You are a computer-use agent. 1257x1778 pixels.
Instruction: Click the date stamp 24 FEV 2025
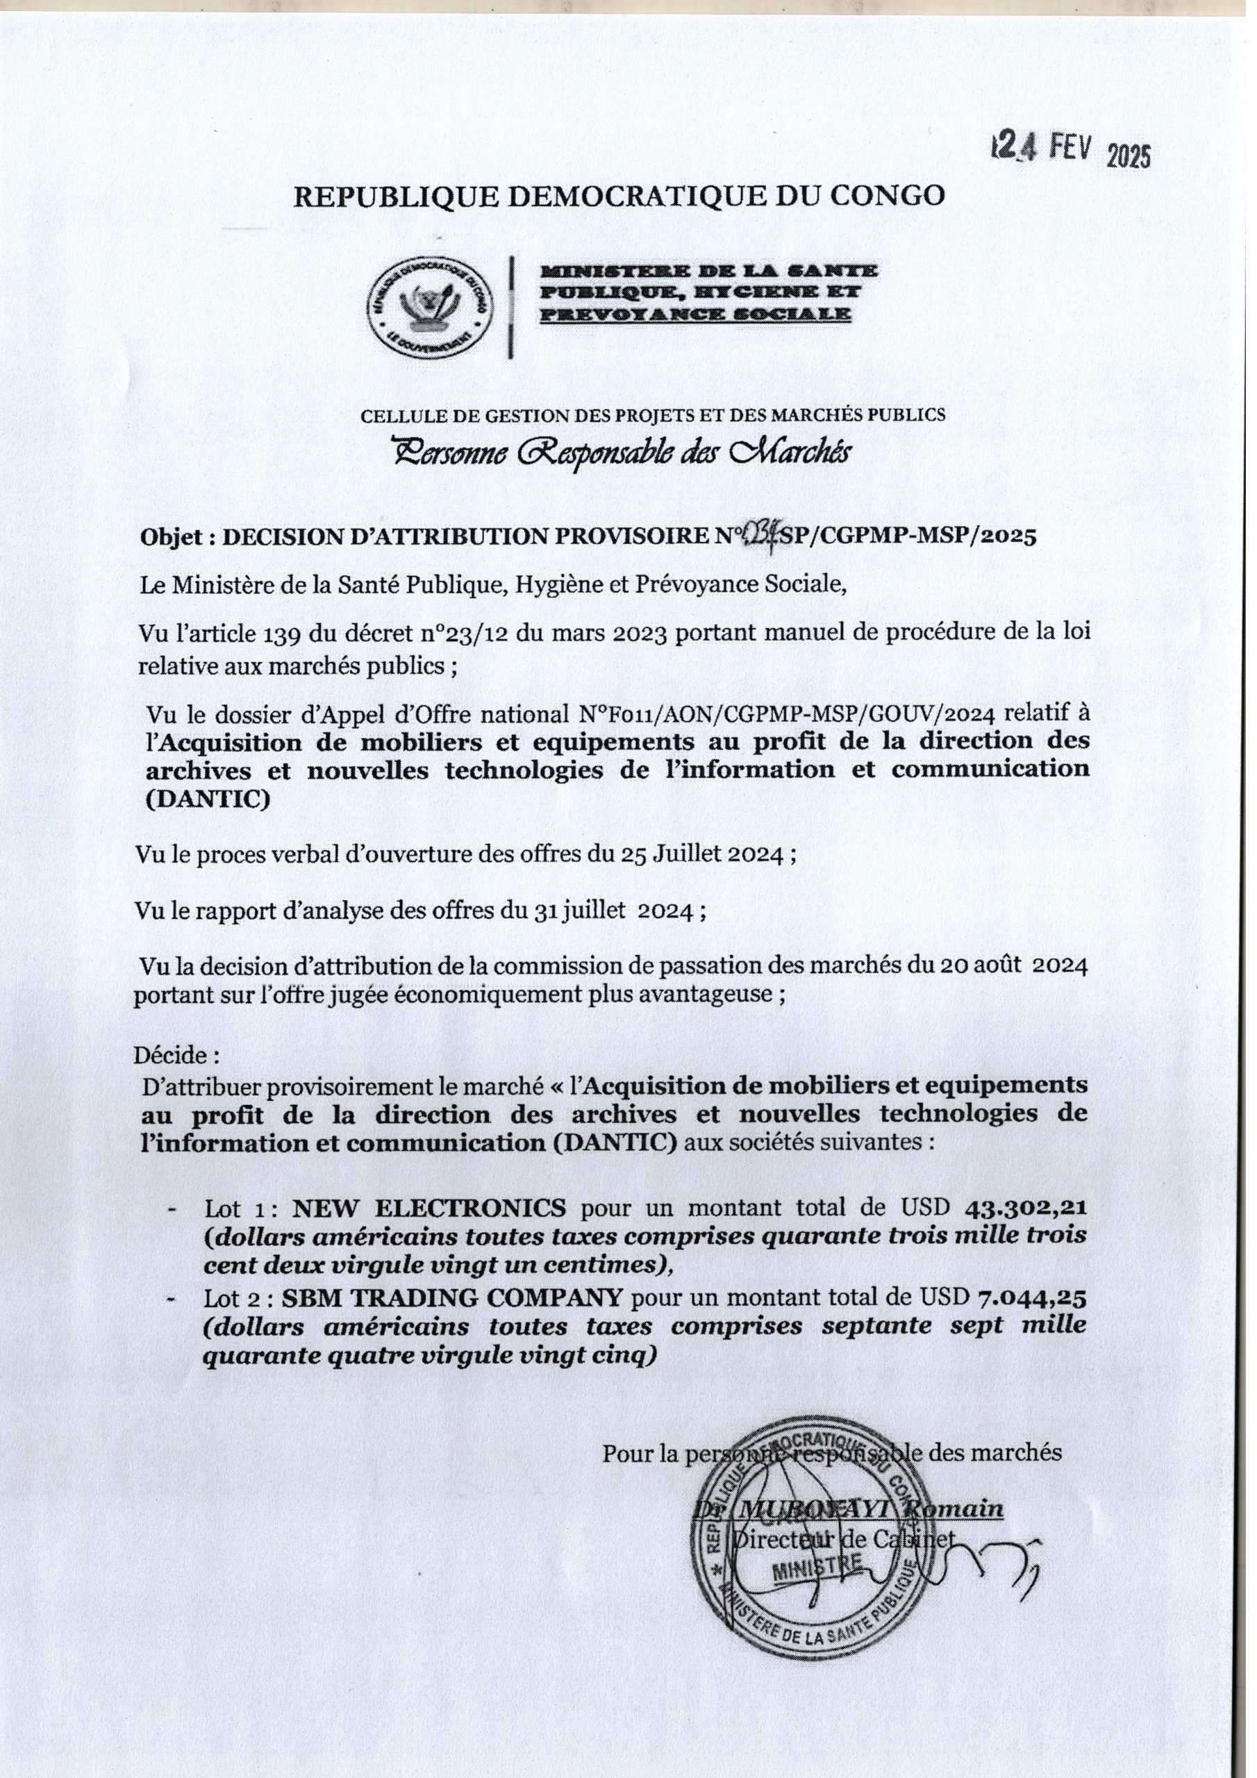(x=1071, y=148)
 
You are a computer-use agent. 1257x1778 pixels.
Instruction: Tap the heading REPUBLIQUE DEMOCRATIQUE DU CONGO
(x=619, y=196)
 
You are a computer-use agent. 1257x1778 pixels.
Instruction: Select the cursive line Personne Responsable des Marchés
(x=620, y=451)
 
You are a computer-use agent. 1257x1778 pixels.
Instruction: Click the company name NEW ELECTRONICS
(x=429, y=1208)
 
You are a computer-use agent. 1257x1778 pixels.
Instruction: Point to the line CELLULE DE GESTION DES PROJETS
(x=653, y=415)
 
